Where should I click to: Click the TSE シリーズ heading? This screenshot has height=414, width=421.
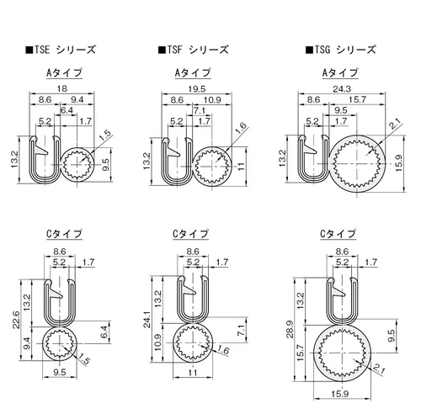pos(61,50)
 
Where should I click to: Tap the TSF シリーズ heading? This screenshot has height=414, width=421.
pos(194,50)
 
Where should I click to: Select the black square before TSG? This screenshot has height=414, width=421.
pos(309,50)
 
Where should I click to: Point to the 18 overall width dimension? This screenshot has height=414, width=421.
pos(62,88)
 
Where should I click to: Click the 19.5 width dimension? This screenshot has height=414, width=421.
pos(197,89)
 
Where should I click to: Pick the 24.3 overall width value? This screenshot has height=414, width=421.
pos(342,89)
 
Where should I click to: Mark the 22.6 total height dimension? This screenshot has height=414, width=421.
pos(16,319)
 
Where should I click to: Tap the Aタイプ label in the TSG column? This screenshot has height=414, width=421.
pos(340,73)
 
